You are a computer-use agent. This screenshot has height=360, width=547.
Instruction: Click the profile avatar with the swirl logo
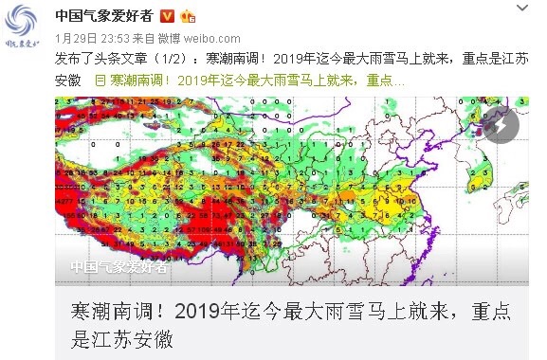point(26,26)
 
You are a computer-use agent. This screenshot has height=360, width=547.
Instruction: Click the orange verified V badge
point(167,16)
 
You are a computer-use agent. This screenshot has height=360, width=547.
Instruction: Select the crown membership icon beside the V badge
point(188,16)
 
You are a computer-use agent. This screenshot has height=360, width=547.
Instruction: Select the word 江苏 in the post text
point(511,59)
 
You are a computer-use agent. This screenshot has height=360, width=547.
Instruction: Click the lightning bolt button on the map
point(501,125)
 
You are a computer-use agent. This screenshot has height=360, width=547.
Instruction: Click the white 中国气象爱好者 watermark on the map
point(119,267)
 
